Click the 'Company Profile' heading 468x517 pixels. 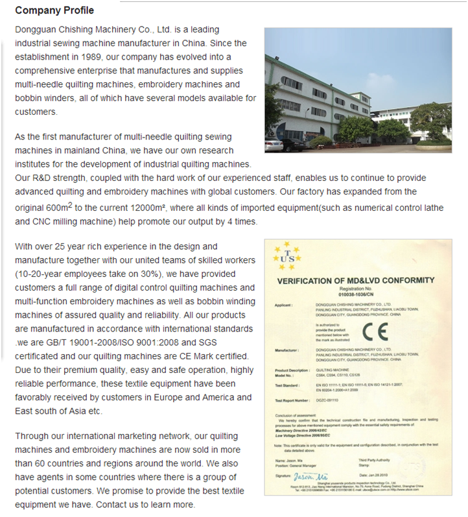point(54,10)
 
